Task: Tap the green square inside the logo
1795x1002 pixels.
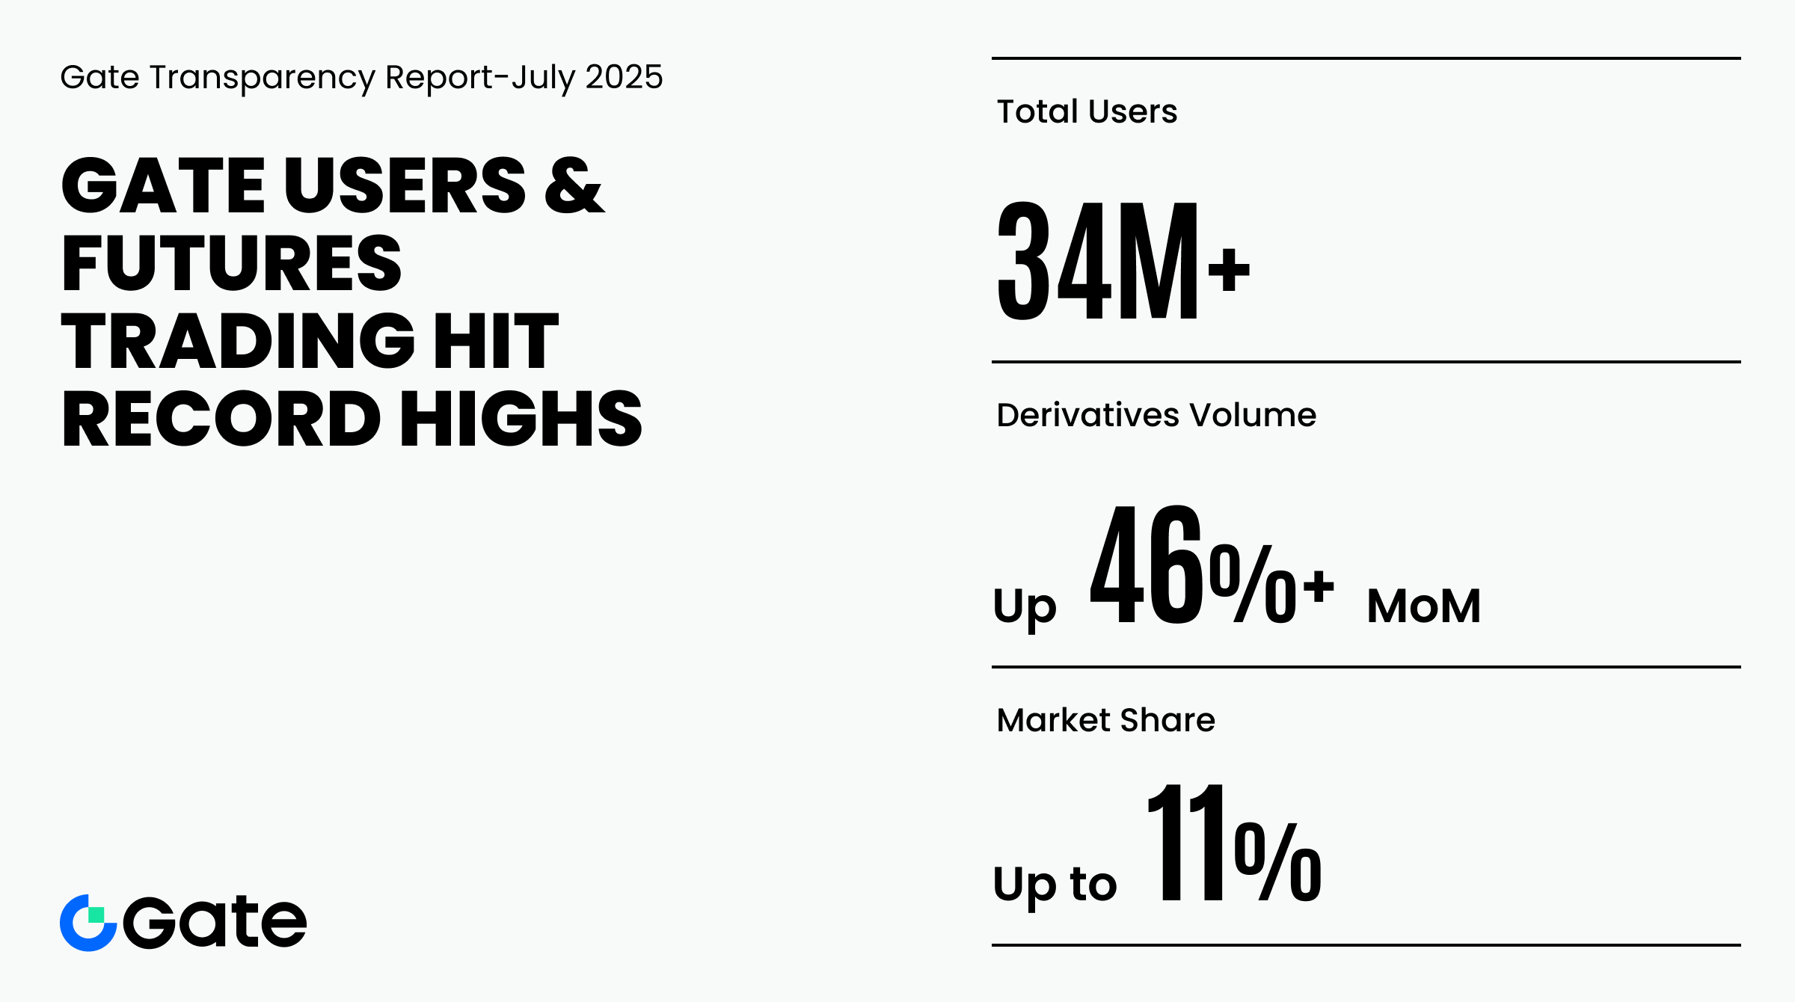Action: [x=96, y=915]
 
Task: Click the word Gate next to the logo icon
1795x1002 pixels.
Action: [x=215, y=922]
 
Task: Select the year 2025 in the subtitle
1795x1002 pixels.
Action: [x=624, y=77]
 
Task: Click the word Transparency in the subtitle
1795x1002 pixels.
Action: [x=263, y=79]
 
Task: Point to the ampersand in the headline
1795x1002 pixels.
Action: [x=574, y=185]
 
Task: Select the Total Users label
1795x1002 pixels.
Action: [x=1087, y=111]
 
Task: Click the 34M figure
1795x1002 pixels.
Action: [x=1098, y=260]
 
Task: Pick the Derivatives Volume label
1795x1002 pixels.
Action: [x=1156, y=415]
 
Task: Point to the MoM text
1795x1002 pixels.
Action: [x=1424, y=606]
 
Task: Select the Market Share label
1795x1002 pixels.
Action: [x=1106, y=720]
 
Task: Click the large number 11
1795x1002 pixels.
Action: [x=1187, y=843]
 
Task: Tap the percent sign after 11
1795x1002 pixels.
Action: [x=1278, y=861]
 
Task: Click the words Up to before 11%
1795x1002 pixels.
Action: [x=1055, y=885]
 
